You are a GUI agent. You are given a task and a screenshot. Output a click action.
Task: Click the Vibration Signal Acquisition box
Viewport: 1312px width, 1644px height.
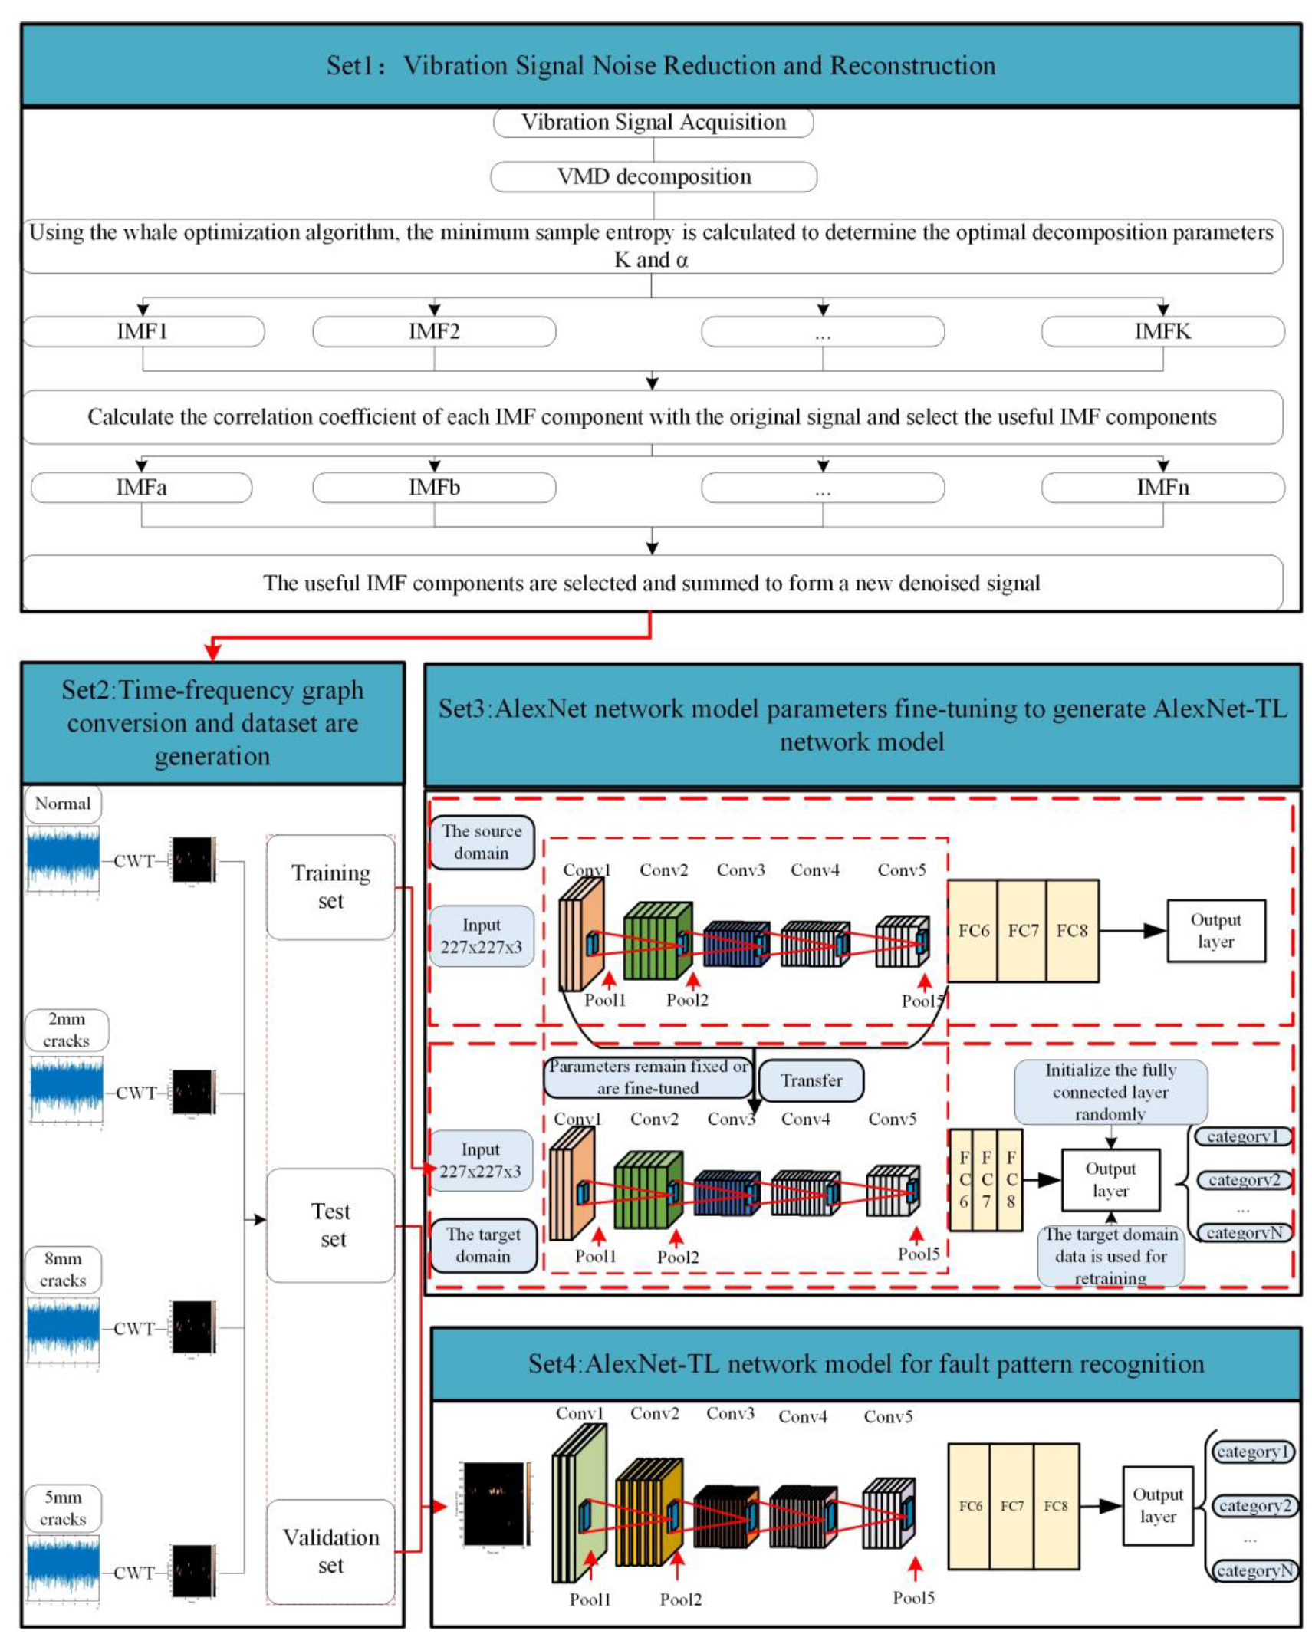(x=653, y=122)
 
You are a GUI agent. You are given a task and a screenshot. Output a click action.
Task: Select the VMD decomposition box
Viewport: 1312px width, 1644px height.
(x=653, y=176)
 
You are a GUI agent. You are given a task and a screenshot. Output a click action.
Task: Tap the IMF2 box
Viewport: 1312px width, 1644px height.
(x=434, y=331)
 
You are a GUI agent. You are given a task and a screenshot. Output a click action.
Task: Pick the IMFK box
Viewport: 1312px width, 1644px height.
(x=1162, y=331)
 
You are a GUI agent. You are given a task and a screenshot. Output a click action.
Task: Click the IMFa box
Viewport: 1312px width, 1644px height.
(x=141, y=487)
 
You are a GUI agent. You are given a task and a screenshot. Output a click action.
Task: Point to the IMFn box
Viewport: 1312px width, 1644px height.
(x=1162, y=487)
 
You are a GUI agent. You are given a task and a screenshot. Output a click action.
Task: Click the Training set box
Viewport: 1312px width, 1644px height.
(x=330, y=886)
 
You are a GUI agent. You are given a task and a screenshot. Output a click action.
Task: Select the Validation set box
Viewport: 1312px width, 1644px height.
(x=330, y=1550)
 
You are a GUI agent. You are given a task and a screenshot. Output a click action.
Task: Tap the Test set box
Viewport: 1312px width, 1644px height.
(x=330, y=1225)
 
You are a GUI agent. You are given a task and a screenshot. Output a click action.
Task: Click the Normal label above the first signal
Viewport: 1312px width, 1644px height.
(x=63, y=804)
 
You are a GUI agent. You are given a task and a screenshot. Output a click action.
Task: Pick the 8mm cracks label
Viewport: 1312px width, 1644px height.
(x=63, y=1269)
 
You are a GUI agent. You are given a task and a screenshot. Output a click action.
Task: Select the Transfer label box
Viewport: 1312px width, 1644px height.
(x=811, y=1080)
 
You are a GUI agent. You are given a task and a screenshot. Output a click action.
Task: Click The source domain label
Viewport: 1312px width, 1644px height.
(x=482, y=842)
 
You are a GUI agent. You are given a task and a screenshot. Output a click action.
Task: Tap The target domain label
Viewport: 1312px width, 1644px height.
(x=483, y=1245)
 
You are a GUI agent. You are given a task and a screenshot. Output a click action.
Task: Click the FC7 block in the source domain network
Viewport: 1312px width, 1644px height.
(x=1022, y=930)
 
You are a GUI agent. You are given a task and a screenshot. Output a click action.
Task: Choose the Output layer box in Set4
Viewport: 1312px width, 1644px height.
(x=1157, y=1505)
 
